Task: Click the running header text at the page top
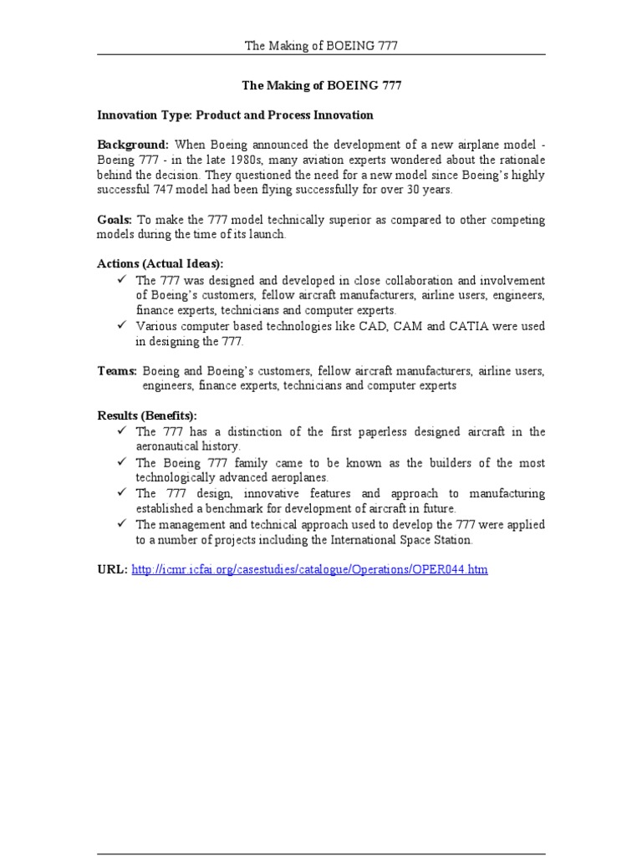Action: coord(321,45)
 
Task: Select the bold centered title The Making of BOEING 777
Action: coord(320,84)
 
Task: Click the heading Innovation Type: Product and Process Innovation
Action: coord(235,115)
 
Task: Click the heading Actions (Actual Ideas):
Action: coord(160,264)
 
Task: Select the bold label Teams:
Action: coord(117,370)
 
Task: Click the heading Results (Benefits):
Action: coord(147,415)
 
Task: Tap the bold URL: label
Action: coord(113,569)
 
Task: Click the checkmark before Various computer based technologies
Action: coord(122,326)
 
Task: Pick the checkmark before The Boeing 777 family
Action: coord(122,462)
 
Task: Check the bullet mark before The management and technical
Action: coord(122,524)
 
